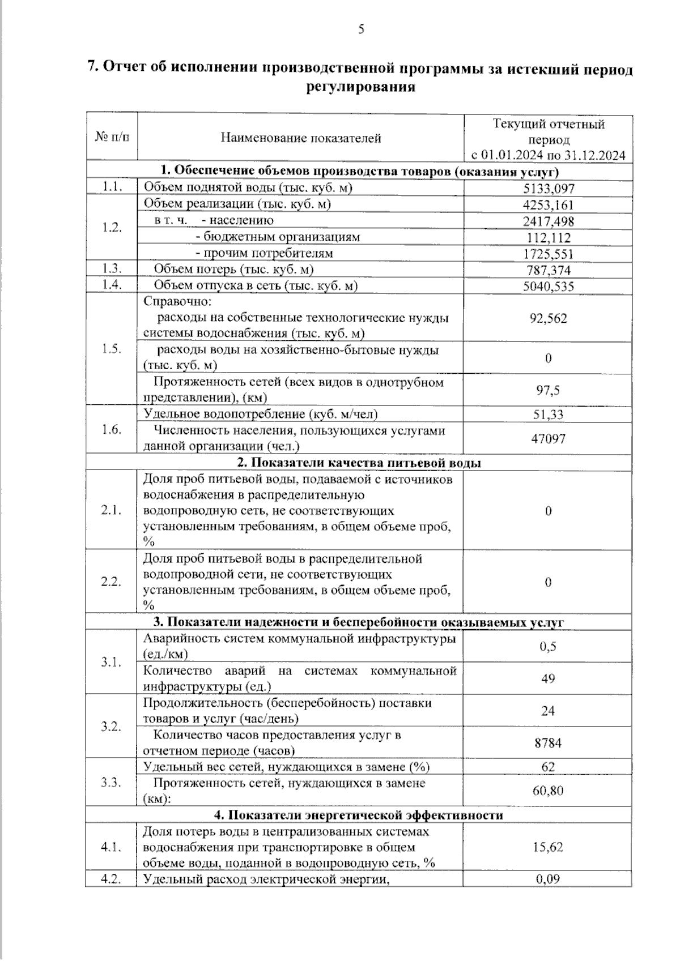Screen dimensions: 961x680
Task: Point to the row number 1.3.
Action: click(112, 268)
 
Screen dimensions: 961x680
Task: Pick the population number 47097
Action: click(548, 439)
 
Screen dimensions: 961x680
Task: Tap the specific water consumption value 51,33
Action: click(548, 415)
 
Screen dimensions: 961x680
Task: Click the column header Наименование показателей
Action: click(301, 138)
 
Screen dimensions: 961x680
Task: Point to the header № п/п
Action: click(112, 137)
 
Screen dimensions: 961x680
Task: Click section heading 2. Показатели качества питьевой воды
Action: click(359, 463)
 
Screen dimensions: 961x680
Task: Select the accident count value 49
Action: click(548, 678)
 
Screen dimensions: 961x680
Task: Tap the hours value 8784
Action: click(548, 743)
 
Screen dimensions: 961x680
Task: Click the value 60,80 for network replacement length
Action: click(548, 791)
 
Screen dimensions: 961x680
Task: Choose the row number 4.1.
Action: click(112, 847)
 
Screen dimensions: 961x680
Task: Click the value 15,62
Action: click(548, 847)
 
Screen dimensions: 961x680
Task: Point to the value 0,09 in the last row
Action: click(548, 879)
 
